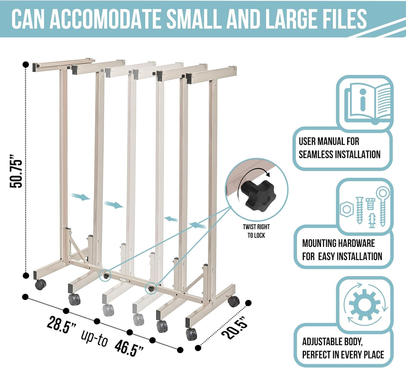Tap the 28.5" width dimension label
[62, 325]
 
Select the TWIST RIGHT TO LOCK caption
[256, 231]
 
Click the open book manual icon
[368, 103]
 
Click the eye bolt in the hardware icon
[383, 206]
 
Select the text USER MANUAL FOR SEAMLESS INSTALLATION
[339, 148]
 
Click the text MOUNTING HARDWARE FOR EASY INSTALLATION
[342, 250]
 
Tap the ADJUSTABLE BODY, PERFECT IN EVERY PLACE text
[343, 348]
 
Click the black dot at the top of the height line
[26, 64]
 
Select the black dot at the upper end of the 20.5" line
[248, 303]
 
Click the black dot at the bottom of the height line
[26, 276]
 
